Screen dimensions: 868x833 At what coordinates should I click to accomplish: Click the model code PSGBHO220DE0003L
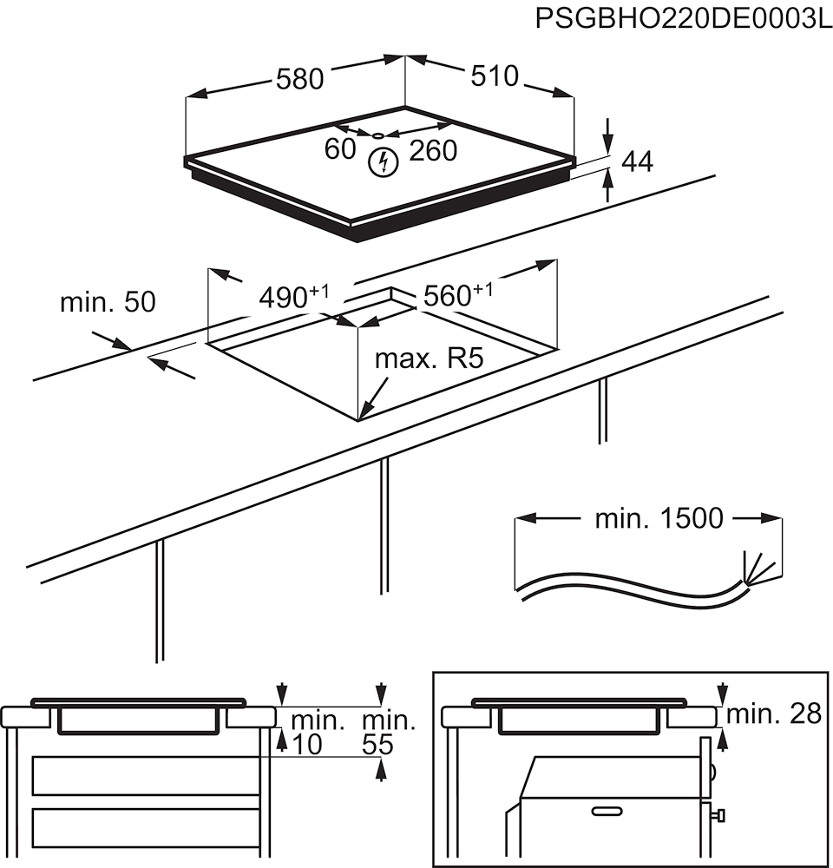683,18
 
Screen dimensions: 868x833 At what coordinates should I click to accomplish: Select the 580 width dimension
299,79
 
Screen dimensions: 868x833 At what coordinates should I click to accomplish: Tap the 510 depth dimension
494,76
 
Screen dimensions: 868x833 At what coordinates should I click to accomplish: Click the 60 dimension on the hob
340,149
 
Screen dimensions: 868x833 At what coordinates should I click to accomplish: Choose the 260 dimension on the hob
432,150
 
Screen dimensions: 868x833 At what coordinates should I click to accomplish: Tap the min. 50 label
108,302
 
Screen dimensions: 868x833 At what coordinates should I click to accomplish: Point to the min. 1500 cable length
659,519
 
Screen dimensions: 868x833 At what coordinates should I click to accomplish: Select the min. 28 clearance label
773,714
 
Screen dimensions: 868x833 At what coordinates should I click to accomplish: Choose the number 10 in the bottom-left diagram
307,744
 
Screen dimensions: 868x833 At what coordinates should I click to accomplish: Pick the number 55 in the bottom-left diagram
377,744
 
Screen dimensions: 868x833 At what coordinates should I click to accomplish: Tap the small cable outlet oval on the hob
379,135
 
